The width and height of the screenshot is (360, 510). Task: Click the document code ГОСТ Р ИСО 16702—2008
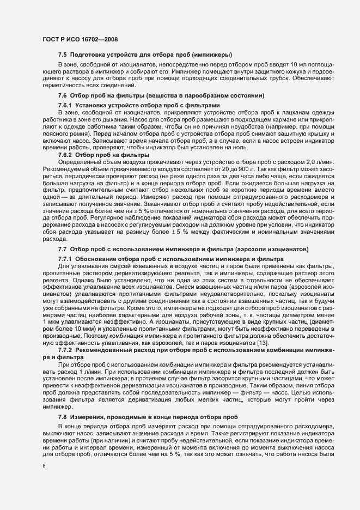click(x=80, y=39)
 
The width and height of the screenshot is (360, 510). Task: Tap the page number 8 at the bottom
click(x=44, y=465)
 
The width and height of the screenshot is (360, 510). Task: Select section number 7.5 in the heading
click(x=62, y=56)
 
